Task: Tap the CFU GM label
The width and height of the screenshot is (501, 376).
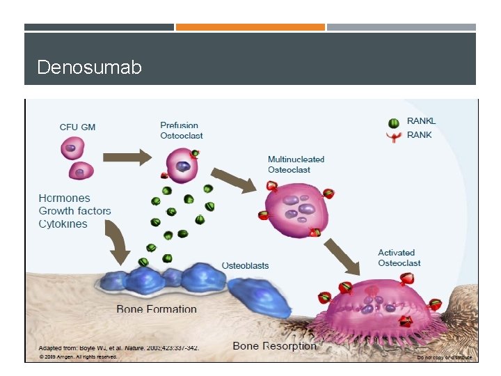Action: click(x=77, y=127)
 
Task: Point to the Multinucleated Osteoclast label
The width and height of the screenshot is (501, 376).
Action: click(x=296, y=164)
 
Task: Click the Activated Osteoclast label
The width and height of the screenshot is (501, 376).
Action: click(x=399, y=258)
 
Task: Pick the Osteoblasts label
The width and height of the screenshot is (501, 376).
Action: click(x=245, y=265)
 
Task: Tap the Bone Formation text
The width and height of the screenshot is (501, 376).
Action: click(x=157, y=309)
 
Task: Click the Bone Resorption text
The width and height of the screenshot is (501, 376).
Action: click(x=274, y=345)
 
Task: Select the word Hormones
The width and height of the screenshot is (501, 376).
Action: click(x=65, y=198)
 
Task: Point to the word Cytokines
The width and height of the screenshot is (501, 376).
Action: click(x=63, y=224)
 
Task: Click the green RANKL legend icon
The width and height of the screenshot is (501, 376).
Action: click(x=395, y=123)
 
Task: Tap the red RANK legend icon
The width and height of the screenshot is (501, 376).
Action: click(x=395, y=136)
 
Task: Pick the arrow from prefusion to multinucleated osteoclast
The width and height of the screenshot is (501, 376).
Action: click(x=234, y=179)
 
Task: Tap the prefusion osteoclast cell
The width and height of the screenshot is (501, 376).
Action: click(x=182, y=168)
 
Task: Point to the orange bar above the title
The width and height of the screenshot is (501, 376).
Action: click(x=250, y=27)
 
